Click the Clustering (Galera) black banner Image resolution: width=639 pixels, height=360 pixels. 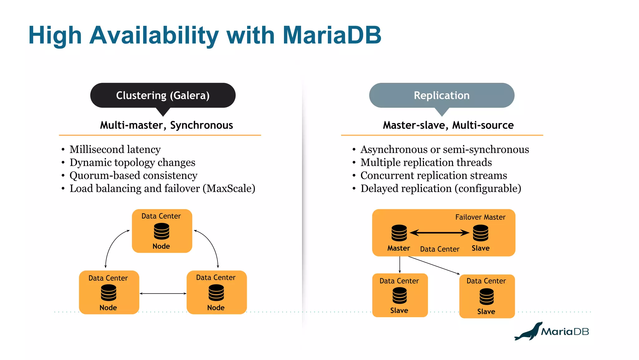point(163,95)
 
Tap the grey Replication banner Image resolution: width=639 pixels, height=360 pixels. point(441,95)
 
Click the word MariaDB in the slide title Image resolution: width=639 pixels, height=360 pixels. point(332,35)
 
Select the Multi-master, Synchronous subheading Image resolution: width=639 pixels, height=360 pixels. point(166,125)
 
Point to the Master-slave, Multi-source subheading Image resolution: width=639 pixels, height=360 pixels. point(448,125)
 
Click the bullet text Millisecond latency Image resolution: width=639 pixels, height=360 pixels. point(115,150)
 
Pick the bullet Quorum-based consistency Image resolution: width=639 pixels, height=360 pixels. point(133,175)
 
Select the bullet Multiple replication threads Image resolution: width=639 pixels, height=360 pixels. point(426,162)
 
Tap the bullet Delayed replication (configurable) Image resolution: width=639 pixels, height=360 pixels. point(441,189)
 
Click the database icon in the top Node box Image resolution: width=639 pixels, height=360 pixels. point(162,231)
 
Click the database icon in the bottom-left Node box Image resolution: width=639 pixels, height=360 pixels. point(109,293)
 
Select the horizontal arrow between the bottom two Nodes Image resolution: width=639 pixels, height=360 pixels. point(163,293)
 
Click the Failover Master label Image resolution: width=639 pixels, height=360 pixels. point(480,217)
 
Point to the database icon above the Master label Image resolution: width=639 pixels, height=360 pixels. point(399,233)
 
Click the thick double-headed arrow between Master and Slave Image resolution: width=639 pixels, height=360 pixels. point(439,233)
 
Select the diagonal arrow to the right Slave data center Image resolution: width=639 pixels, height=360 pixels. point(434,265)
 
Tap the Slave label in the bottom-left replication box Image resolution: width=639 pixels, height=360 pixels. point(399,311)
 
